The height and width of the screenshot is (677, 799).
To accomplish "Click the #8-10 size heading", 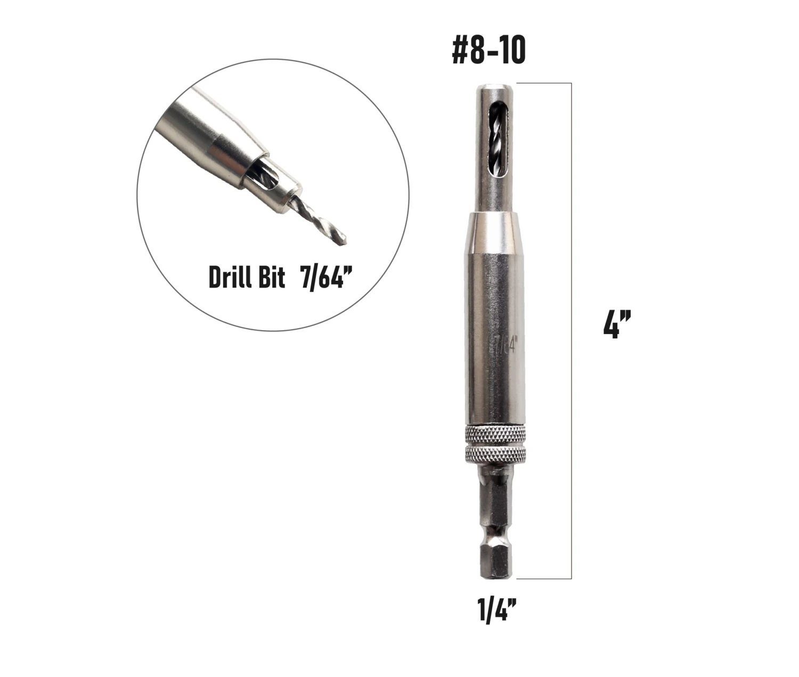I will tap(488, 51).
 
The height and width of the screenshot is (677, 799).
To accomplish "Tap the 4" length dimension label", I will tap(617, 324).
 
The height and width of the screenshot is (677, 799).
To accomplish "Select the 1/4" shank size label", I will tap(498, 610).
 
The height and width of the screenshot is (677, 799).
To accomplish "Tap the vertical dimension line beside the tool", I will tap(572, 330).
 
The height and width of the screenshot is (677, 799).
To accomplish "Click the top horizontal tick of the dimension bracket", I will tap(543, 83).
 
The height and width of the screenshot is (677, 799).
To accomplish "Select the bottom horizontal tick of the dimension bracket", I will tap(543, 578).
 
